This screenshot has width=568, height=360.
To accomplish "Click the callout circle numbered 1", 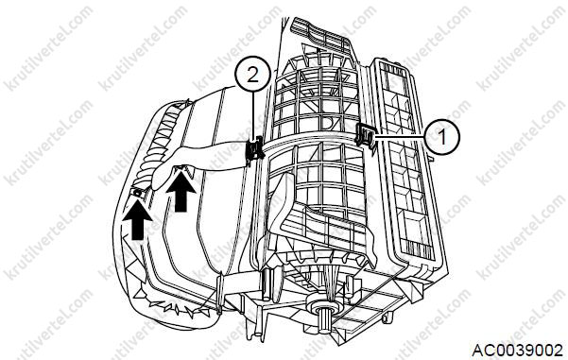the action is tap(441, 137).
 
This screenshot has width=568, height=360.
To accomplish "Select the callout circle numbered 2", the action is tap(252, 74).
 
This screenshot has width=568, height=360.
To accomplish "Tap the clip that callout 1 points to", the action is tap(366, 135).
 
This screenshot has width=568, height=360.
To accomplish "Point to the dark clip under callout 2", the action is tap(254, 149).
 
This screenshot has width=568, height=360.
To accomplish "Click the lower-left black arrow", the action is tap(137, 221).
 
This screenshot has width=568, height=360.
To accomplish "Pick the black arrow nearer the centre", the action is tap(181, 191).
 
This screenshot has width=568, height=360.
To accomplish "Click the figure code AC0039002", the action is tap(518, 351).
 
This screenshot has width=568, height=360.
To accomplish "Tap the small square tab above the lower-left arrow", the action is tap(138, 193).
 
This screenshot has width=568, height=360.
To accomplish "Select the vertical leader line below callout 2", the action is tap(252, 115).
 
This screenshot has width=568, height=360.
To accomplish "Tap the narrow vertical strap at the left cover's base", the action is tap(219, 293).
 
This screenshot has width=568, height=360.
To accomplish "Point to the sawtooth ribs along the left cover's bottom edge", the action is tap(170, 305).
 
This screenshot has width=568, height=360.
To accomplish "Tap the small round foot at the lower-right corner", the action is tap(387, 317).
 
